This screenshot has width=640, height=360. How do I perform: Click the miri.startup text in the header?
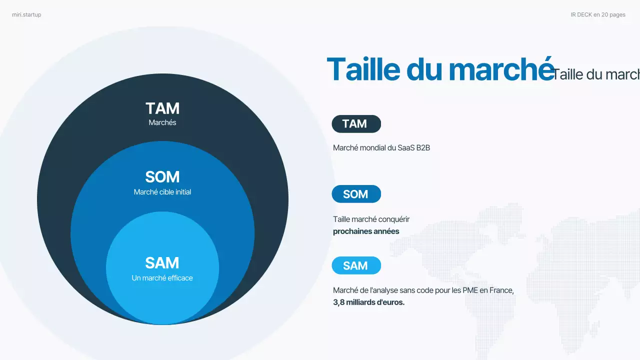pos(26,15)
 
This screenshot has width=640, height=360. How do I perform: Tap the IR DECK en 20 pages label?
pos(597,15)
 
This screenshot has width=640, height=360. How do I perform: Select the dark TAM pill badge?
pos(356,124)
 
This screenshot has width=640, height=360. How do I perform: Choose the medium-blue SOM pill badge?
pos(356,194)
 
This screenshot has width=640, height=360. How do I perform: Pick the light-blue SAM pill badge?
pos(356,265)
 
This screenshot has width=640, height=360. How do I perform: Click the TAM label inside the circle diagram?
pos(162,108)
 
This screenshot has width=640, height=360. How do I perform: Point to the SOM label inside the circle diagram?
pos(162,177)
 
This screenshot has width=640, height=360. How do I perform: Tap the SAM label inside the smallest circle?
pos(162,263)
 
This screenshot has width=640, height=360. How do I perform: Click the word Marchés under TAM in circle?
pos(162,122)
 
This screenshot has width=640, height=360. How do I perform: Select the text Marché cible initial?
pos(162,192)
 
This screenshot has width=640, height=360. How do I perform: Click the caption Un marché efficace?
pos(162,278)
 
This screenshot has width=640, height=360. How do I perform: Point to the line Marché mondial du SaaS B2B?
pos(381,148)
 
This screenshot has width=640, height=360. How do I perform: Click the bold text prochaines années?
pos(366,231)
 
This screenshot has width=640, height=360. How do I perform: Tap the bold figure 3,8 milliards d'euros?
pos(368,302)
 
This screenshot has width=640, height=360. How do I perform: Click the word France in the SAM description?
pos(501,290)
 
